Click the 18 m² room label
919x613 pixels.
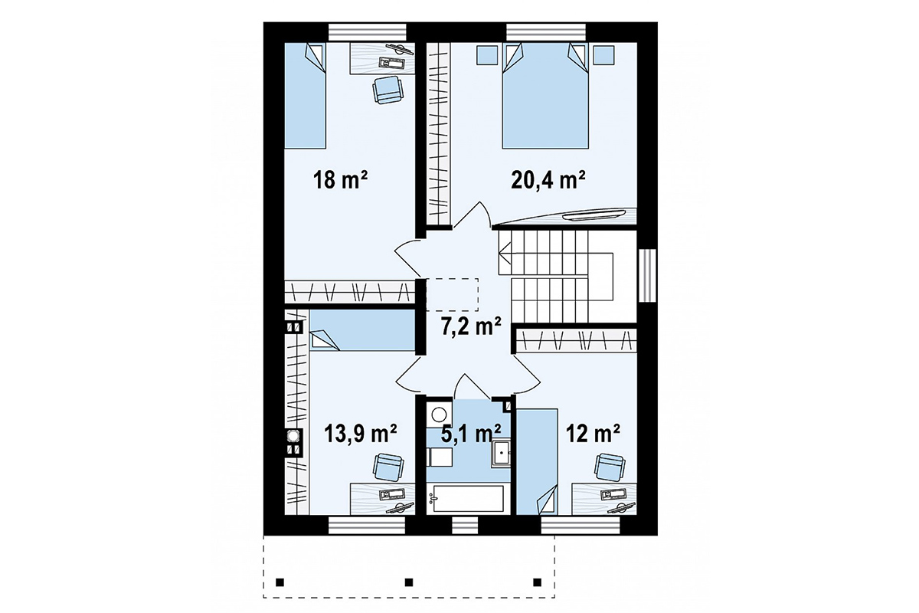coord(340,180)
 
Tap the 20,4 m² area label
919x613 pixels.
coord(548,180)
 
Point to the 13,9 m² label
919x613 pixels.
coord(360,434)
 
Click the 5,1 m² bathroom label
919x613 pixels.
coord(470,434)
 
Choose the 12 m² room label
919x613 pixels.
coord(593,434)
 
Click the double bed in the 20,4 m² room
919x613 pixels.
coord(545,96)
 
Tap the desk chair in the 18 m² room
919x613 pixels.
coord(388,90)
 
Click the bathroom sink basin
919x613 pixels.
coord(502,453)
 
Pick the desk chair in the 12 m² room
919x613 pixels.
coord(610,467)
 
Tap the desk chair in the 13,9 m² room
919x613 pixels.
coord(388,467)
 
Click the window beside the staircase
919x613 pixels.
coord(648,275)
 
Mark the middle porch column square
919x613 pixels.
coord(409,582)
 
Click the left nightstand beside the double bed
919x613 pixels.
coord(487,55)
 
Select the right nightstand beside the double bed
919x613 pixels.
coord(604,55)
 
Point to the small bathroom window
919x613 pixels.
coord(466,525)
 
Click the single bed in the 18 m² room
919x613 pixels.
coord(306,96)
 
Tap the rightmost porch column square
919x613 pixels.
coord(537,582)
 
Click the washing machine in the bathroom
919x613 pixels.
coord(440,413)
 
